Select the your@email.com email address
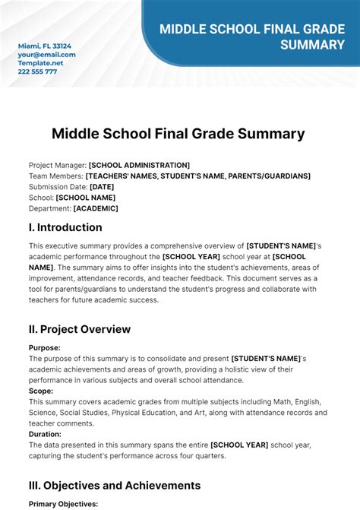click(47, 55)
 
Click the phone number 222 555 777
click(38, 71)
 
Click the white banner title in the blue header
click(251, 36)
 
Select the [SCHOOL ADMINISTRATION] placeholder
click(139, 165)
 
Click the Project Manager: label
click(58, 165)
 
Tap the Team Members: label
click(56, 176)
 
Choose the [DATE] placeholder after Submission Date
click(102, 186)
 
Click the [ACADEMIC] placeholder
click(96, 208)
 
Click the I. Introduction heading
click(65, 227)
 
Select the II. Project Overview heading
click(80, 329)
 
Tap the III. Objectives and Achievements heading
click(115, 485)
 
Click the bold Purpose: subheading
click(45, 347)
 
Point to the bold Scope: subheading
click(41, 391)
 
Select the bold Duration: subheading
click(45, 434)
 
